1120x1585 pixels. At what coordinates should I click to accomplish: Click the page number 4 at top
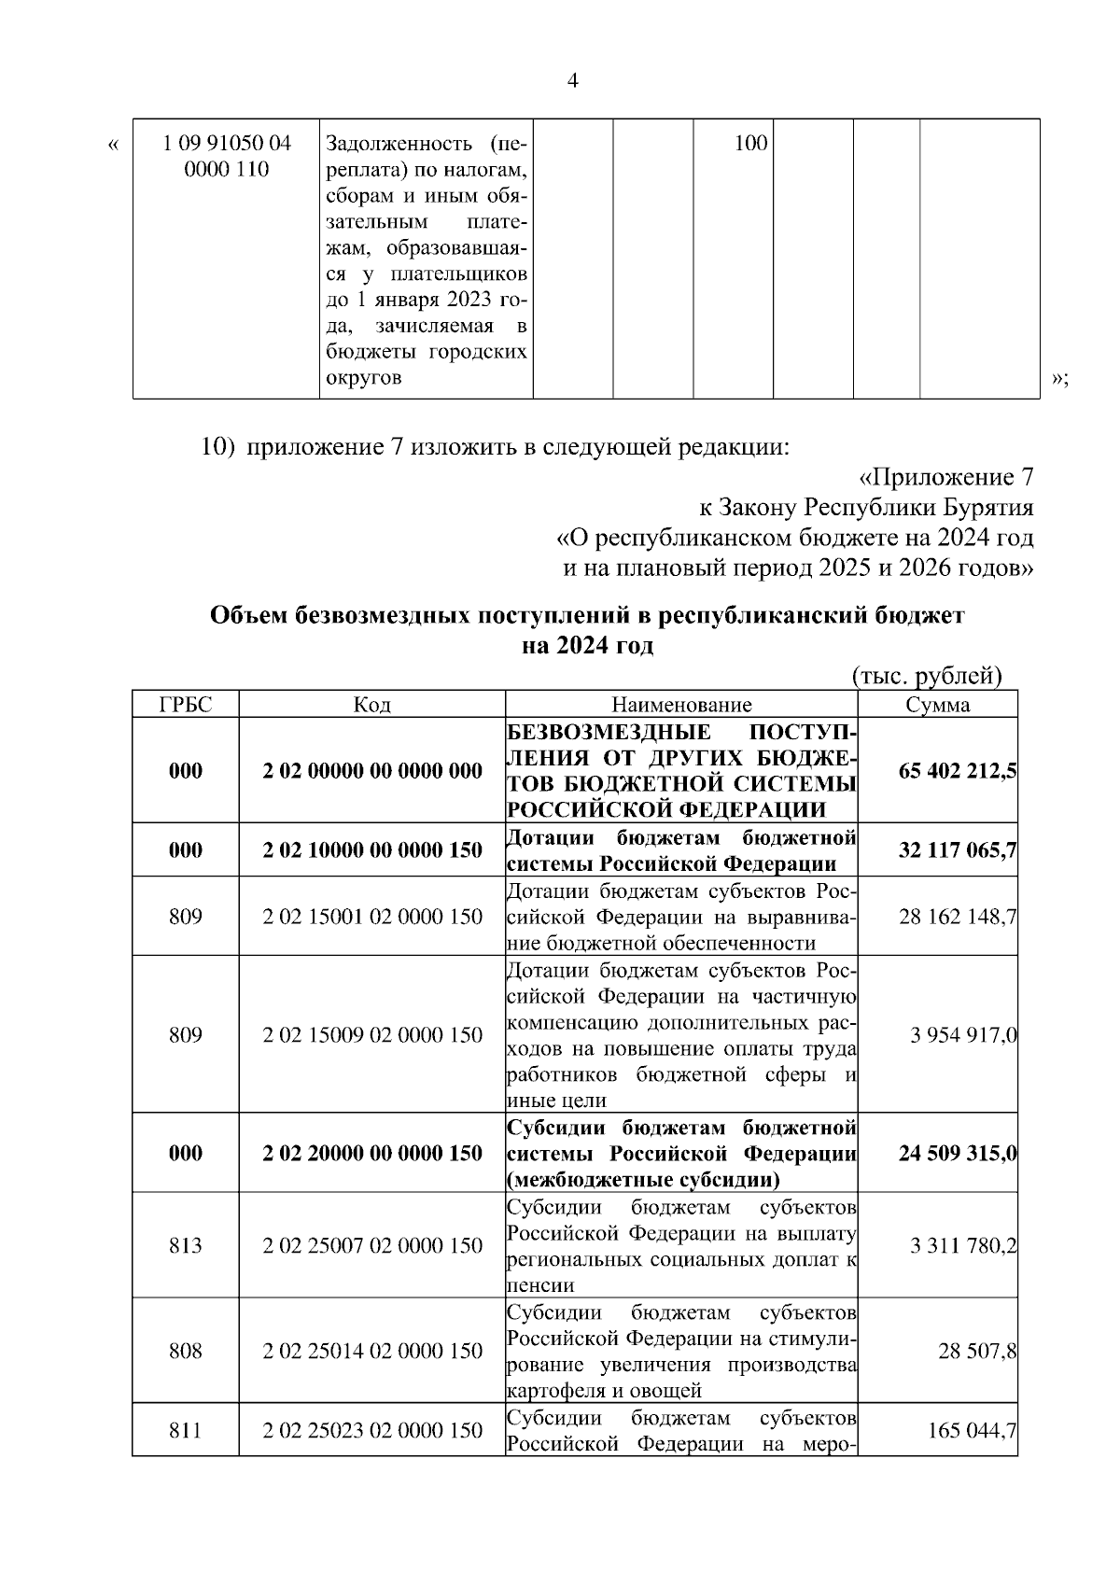pos(573,81)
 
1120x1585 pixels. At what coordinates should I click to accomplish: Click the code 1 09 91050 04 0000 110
pos(226,156)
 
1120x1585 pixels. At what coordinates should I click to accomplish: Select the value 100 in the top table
pos(750,144)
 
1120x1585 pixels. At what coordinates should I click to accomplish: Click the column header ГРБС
pos(186,705)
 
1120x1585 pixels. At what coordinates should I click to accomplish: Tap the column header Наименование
pos(681,705)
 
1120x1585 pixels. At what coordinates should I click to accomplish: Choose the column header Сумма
pos(938,705)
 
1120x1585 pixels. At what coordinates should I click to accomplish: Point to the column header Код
pos(372,705)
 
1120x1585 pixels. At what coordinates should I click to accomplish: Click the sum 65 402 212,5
pos(958,771)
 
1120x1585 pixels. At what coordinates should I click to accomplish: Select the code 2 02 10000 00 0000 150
pos(372,850)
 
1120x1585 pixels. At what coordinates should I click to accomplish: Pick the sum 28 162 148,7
pos(958,917)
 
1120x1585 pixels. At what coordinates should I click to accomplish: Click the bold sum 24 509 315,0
pos(958,1154)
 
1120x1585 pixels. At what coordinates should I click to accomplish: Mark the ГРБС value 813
pos(186,1246)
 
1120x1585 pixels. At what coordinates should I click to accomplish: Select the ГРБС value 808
pos(186,1352)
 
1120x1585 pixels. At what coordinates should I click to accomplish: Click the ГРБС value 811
pos(186,1431)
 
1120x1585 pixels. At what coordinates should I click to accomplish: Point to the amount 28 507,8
pos(977,1352)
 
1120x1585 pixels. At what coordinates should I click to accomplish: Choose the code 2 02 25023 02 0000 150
pos(372,1431)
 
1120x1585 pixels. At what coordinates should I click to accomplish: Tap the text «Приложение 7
pos(945,478)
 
